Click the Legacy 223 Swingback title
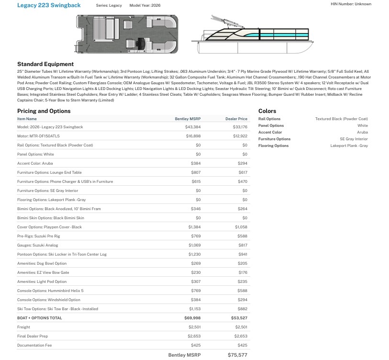click(49, 5)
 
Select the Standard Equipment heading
click(45, 64)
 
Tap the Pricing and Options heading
click(44, 111)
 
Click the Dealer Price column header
click(236, 119)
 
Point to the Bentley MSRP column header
click(188, 119)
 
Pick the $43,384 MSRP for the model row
click(193, 127)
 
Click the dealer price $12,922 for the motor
click(240, 136)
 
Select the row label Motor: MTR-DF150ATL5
click(39, 136)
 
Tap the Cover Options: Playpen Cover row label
click(49, 227)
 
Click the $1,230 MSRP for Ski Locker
click(194, 254)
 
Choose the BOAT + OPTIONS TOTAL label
click(40, 318)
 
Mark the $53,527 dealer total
click(239, 318)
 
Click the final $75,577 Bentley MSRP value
click(237, 355)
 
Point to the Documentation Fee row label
click(34, 345)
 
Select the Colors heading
click(267, 111)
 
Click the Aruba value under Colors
click(362, 132)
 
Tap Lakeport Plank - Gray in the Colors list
click(349, 146)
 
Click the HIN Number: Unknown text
click(351, 4)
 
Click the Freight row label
click(23, 327)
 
